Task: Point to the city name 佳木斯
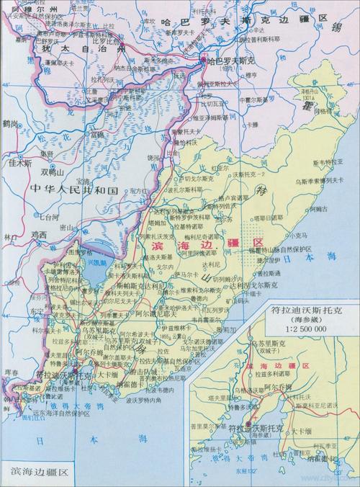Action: [x=16, y=163]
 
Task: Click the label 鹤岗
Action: [x=9, y=124]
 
